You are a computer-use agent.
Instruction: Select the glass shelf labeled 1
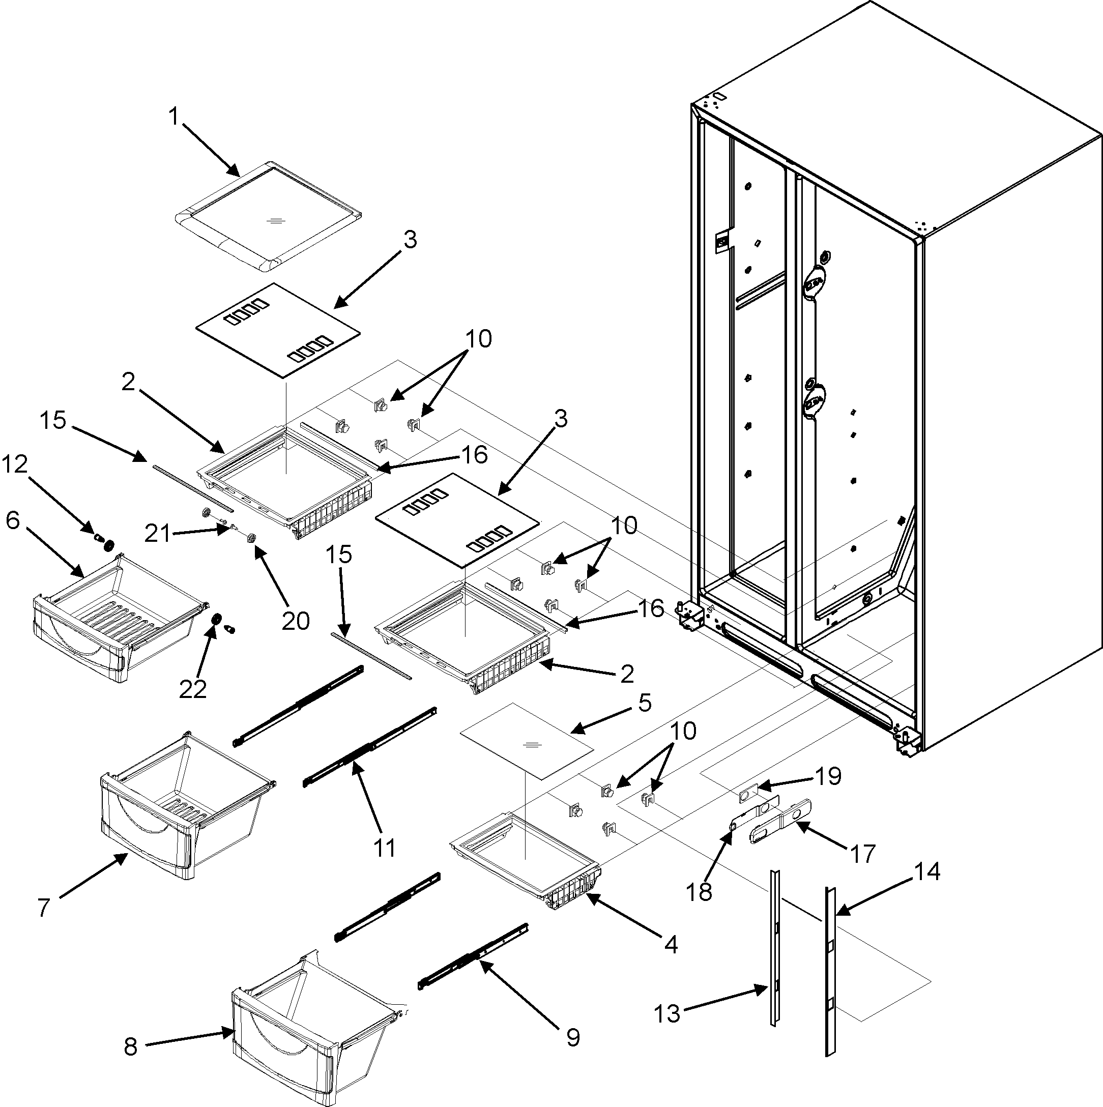(x=268, y=216)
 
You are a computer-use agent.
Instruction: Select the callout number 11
(x=385, y=848)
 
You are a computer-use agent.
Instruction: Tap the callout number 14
(x=927, y=871)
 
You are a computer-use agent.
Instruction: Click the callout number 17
(x=862, y=853)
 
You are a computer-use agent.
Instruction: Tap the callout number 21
(x=158, y=534)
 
